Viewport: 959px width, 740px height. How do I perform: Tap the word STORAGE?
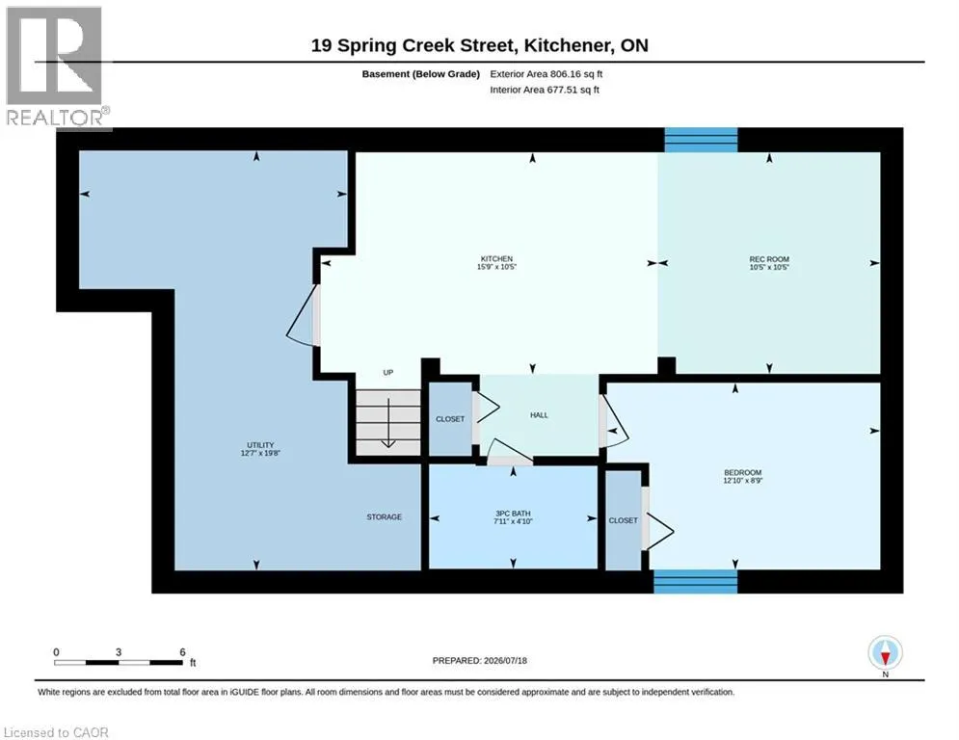pos(385,516)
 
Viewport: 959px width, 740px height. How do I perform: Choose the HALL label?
pos(539,415)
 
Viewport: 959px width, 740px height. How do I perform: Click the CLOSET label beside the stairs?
pos(450,419)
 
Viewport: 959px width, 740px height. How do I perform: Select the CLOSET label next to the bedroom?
pos(624,520)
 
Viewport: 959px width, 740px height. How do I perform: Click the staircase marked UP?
pos(388,422)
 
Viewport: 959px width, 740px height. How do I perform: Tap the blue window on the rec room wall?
pos(701,140)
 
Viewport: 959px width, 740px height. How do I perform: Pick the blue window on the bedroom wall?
pos(696,582)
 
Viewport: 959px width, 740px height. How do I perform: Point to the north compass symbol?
pos(885,654)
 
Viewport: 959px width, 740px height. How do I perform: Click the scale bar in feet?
pos(120,662)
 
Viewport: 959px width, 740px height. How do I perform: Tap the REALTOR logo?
pos(55,66)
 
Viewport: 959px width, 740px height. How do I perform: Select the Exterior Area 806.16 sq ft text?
pos(546,74)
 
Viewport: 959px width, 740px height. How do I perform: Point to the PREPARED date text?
pos(480,660)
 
